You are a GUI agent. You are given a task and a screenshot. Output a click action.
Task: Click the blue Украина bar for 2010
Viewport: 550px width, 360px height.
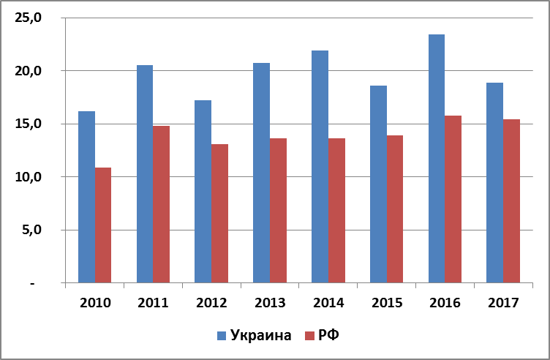(x=86, y=197)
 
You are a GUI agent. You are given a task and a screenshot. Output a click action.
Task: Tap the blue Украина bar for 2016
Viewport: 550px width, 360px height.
(x=436, y=158)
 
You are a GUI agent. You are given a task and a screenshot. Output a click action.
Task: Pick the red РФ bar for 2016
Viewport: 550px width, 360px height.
(x=453, y=199)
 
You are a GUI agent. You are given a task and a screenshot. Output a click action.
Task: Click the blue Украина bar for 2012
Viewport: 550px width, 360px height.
(x=203, y=192)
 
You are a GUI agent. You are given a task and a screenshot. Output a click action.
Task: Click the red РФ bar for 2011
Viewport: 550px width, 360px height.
(x=161, y=204)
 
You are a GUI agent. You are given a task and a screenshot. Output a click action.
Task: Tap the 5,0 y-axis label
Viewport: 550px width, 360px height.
(x=31, y=230)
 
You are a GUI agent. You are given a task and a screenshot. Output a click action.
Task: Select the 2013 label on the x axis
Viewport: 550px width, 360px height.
(x=269, y=302)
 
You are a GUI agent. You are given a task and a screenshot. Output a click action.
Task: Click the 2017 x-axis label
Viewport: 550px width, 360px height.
(x=503, y=302)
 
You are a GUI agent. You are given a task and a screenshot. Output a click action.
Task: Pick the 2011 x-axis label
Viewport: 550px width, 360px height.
(x=152, y=302)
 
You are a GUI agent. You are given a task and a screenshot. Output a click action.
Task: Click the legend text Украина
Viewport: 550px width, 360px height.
(x=261, y=336)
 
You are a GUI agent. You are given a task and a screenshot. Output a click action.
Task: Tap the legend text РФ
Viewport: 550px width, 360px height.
(x=330, y=336)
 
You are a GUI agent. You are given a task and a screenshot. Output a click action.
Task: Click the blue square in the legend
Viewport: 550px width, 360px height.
(x=222, y=336)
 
